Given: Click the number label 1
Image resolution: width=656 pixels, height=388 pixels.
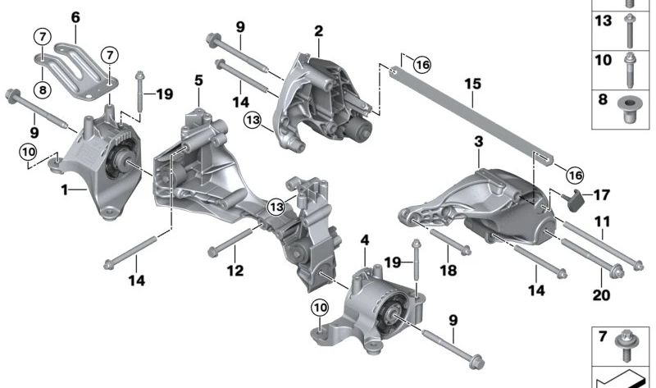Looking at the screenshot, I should (64, 189).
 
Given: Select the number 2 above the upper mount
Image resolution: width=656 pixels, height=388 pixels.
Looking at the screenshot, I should (318, 31).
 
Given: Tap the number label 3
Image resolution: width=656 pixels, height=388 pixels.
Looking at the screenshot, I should (478, 143).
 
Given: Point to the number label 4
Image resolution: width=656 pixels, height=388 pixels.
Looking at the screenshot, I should (364, 242).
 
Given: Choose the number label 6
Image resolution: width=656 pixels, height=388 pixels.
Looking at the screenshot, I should (75, 16).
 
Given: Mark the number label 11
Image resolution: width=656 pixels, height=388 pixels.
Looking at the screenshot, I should (602, 221).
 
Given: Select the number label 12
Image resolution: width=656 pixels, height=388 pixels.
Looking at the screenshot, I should (235, 270).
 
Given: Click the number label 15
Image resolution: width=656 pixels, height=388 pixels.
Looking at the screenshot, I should (471, 83).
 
